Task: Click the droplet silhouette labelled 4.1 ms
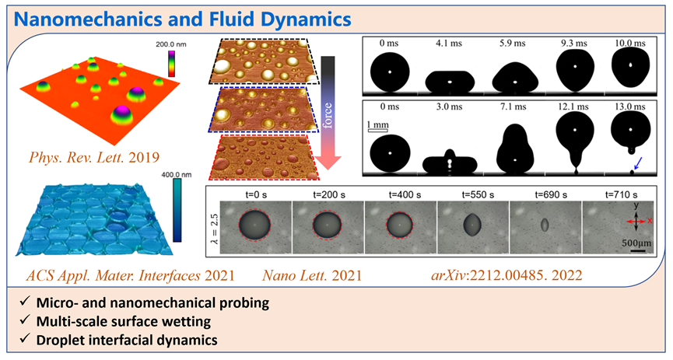(x=448, y=79)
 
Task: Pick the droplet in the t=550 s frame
(x=472, y=225)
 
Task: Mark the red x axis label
(x=650, y=221)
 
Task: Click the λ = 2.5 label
(x=211, y=225)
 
